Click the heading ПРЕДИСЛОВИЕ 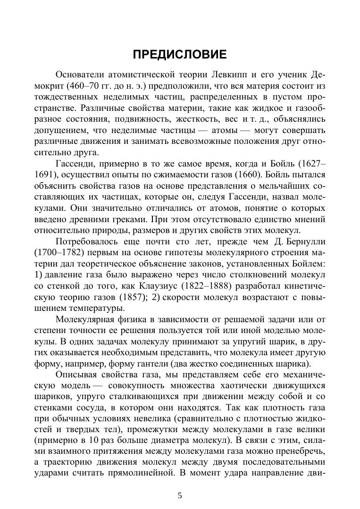(179, 55)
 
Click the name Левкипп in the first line (231, 75)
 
